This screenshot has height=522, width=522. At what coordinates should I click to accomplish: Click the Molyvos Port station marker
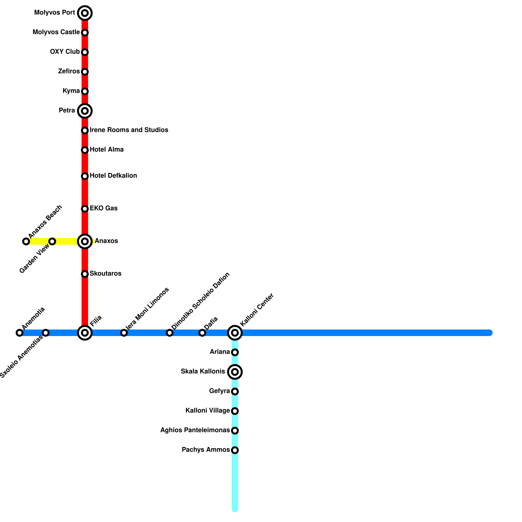(85, 13)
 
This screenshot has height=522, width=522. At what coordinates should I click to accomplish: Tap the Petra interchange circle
(85, 111)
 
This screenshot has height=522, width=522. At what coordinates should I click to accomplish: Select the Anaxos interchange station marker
(85, 241)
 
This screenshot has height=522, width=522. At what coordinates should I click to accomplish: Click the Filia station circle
(85, 333)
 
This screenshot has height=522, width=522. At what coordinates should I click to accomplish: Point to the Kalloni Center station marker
(235, 333)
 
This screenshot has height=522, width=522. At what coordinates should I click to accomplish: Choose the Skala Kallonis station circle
(235, 372)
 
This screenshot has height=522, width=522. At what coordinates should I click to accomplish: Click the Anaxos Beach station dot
(26, 241)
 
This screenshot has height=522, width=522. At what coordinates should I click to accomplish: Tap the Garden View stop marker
(52, 241)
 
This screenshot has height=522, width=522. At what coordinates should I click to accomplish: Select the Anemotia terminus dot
(20, 333)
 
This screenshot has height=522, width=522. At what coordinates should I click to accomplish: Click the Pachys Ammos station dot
(235, 450)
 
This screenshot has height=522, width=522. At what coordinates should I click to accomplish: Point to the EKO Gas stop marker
(85, 209)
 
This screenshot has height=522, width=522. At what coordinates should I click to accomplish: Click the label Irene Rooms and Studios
(129, 130)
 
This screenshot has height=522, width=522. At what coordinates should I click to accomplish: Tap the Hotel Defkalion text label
(113, 176)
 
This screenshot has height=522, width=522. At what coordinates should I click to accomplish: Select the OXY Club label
(65, 52)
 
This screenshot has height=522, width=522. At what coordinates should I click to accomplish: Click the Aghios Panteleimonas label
(195, 430)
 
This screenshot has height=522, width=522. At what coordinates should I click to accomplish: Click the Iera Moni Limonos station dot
(124, 333)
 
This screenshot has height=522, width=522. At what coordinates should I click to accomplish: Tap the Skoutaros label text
(105, 274)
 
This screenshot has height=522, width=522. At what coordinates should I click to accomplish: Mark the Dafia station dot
(202, 333)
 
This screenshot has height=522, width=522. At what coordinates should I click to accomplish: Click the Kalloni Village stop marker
(235, 411)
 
